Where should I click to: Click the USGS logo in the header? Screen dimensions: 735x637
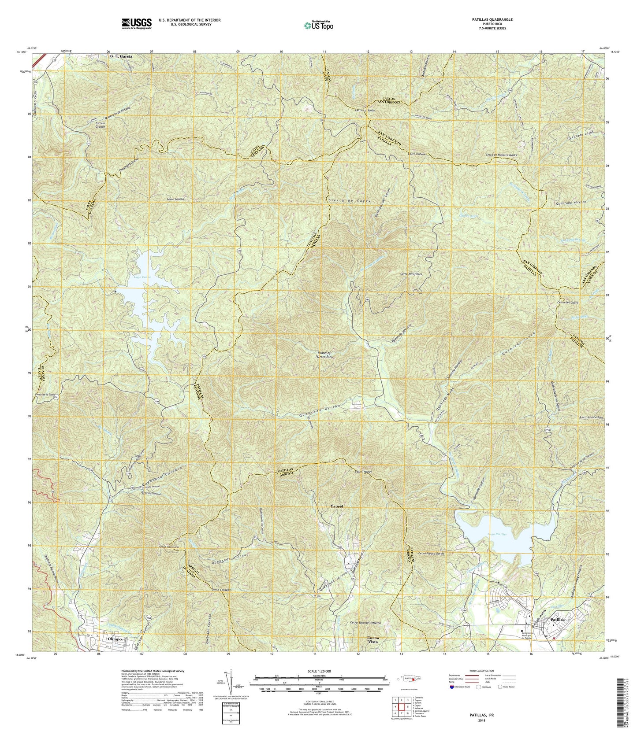pos(136,23)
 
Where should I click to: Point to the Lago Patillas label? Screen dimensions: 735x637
pos(496,534)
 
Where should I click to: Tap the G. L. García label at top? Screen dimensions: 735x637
pos(121,57)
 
